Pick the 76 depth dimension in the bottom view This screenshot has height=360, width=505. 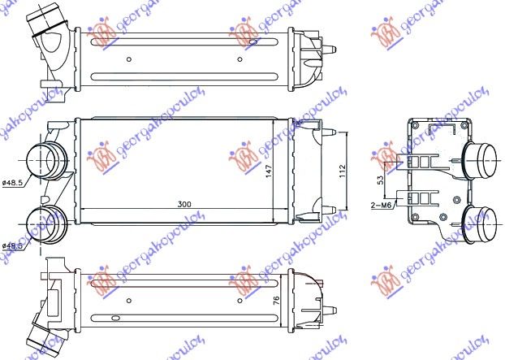point(276,301)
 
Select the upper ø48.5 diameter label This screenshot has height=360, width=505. point(14,182)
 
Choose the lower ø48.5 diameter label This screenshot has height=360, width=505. point(14,245)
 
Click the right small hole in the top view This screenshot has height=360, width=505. point(239,59)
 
